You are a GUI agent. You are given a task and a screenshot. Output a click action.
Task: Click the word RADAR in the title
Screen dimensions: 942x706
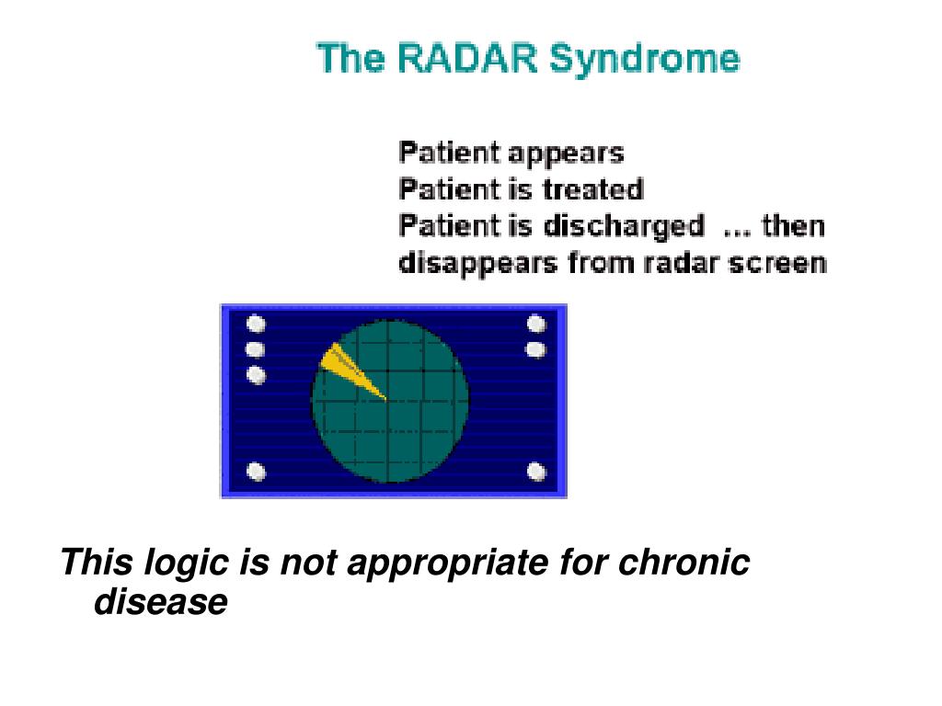pos(467,58)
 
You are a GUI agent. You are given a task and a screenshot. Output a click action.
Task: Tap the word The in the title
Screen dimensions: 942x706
pos(350,58)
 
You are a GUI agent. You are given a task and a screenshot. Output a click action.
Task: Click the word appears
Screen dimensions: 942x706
pos(566,154)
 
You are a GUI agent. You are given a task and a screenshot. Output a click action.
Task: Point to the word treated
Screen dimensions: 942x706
pos(593,189)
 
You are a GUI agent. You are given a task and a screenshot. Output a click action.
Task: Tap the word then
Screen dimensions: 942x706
pos(794,226)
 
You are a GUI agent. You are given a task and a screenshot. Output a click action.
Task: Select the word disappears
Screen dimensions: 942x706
pos(478,264)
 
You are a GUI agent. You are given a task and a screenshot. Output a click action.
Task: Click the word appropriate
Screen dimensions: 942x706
pos(448,564)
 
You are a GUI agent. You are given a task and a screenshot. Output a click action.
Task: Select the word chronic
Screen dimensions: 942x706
pos(684,563)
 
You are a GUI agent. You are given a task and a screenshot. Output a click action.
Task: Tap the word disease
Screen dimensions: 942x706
pos(161,601)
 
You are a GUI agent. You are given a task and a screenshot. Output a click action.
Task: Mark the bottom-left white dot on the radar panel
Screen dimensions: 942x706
pos(257,472)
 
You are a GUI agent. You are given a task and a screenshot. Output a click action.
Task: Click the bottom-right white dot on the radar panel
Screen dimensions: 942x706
pos(536,472)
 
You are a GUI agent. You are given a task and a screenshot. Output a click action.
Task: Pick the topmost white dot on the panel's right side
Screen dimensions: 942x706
pos(536,325)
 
